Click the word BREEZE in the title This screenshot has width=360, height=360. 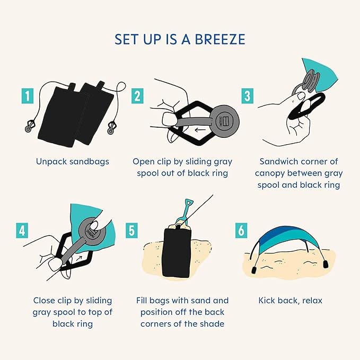pos(220,39)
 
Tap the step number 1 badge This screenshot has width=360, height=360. pos(28,96)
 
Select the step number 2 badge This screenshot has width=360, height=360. pos(137,96)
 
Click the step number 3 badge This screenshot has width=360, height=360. pos(247,96)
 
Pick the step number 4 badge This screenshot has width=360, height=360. pos(22,230)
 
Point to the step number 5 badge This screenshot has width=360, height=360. pos(131,230)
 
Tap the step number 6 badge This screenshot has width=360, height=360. pos(241,230)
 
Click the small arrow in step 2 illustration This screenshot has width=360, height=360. pos(200,130)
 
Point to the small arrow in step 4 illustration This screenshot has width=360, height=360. pos(78,258)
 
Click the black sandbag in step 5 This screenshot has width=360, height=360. pos(177,252)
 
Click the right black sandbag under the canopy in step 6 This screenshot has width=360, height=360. pos(326,264)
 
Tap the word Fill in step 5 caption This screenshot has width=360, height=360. pos(142,300)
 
